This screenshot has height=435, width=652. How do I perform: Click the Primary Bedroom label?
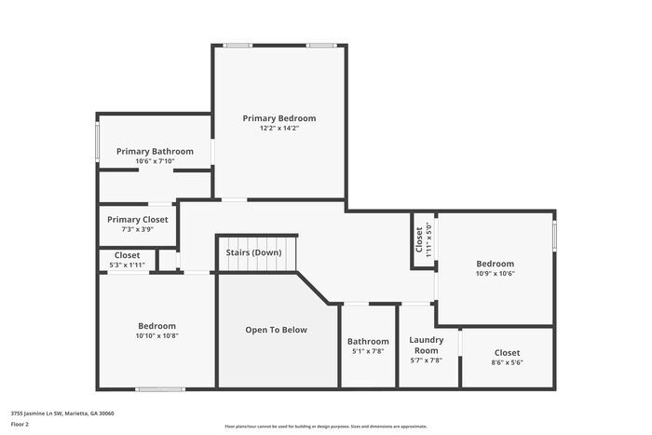click(279, 118)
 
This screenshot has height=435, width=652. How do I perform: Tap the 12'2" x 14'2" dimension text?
click(279, 129)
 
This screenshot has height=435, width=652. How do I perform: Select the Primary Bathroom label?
click(155, 151)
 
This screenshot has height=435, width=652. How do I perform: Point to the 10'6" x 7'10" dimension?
click(155, 161)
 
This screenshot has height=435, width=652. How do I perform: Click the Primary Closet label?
click(137, 219)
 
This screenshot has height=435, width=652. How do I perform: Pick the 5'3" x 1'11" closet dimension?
click(128, 265)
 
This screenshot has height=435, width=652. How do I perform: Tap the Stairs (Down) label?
click(253, 252)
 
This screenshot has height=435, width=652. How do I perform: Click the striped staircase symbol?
click(257, 265)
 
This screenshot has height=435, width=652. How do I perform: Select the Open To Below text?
click(276, 330)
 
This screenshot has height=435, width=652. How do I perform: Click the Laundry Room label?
click(427, 345)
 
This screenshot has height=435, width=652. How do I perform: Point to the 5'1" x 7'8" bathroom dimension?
click(368, 352)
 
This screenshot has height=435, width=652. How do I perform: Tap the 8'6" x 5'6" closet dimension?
click(508, 363)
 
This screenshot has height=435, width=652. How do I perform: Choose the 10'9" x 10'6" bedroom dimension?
click(496, 274)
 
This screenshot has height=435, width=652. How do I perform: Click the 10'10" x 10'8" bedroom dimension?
click(156, 336)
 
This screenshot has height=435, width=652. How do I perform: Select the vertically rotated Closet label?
click(419, 239)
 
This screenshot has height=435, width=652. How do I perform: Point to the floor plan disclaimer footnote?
click(325, 427)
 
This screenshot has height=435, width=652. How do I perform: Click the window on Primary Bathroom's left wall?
click(98, 142)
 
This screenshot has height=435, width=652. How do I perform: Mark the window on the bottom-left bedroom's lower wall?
click(160, 388)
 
